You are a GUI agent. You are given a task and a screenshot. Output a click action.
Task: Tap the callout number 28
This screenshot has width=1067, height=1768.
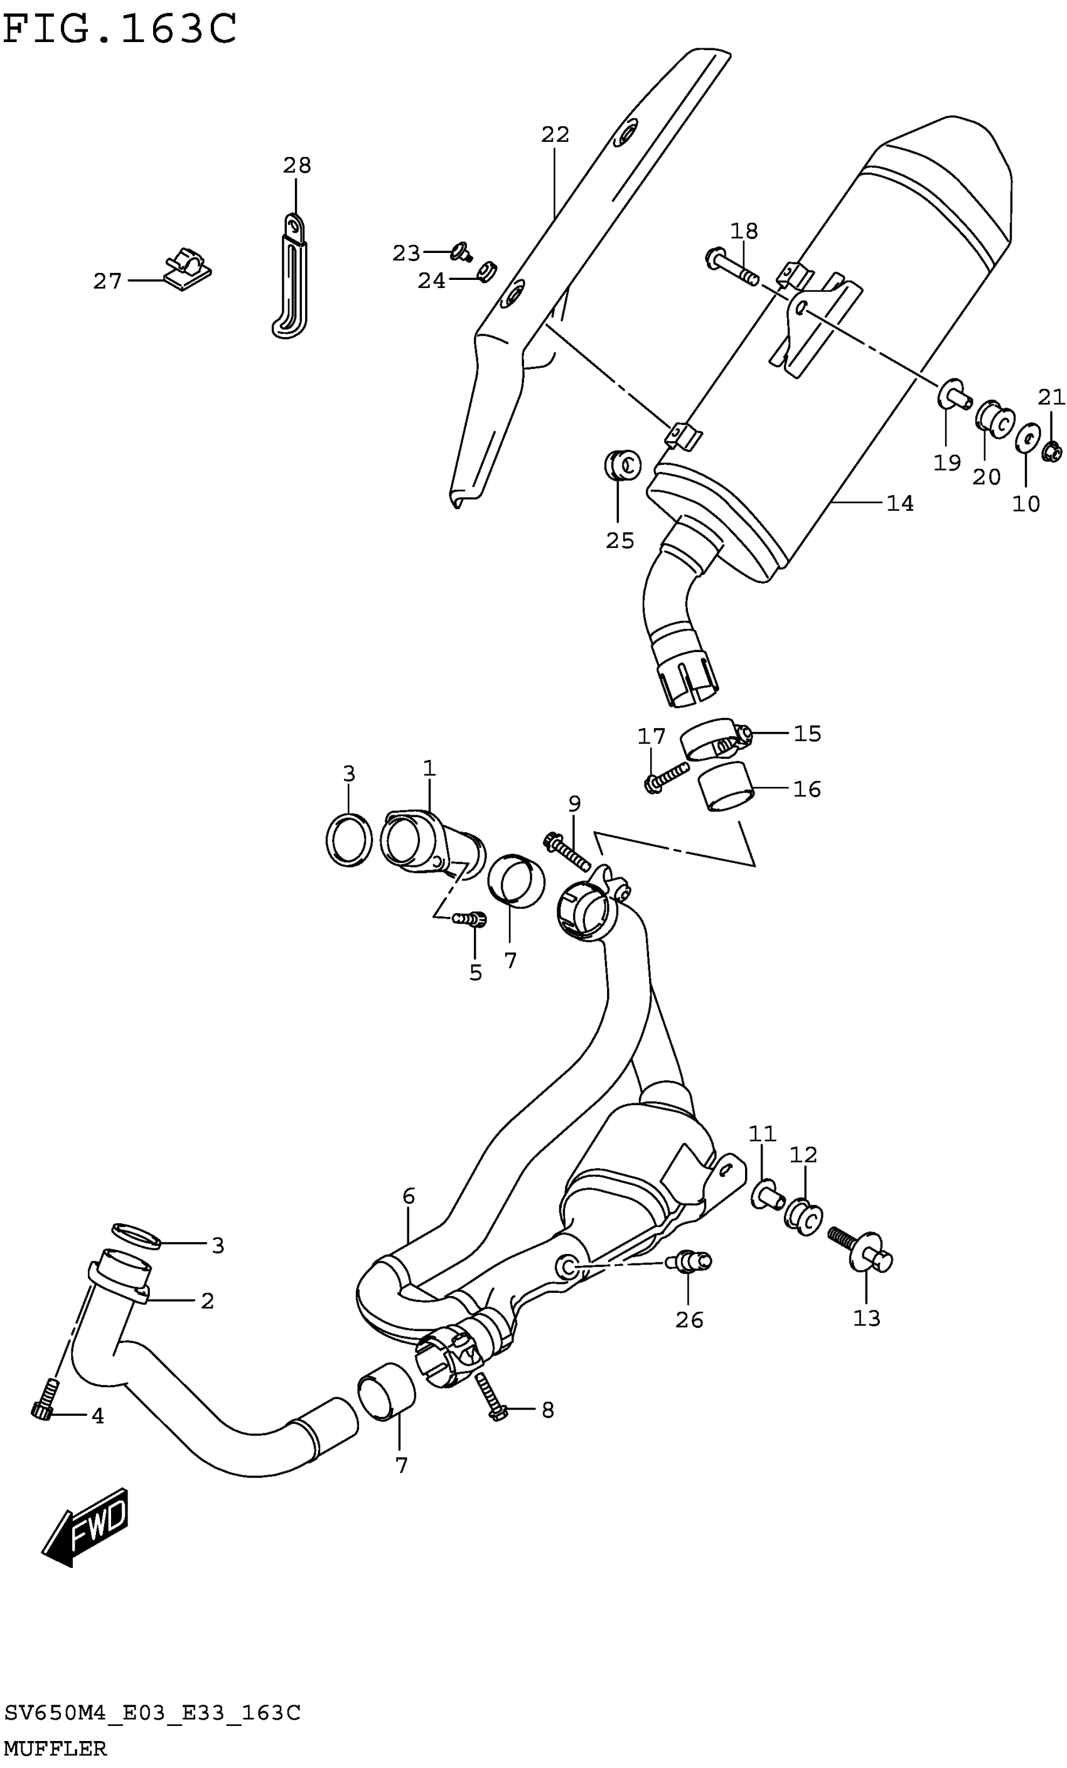(x=296, y=166)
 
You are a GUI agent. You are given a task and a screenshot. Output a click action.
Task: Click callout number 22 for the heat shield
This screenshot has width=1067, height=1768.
(x=555, y=134)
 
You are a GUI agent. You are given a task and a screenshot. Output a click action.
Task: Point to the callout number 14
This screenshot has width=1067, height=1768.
(x=900, y=504)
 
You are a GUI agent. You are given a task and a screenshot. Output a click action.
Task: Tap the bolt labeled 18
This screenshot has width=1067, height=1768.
(x=732, y=265)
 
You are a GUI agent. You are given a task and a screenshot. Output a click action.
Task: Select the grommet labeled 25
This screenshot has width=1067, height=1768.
(x=621, y=465)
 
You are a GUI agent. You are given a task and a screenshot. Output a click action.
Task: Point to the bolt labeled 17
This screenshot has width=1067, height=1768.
(x=666, y=777)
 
